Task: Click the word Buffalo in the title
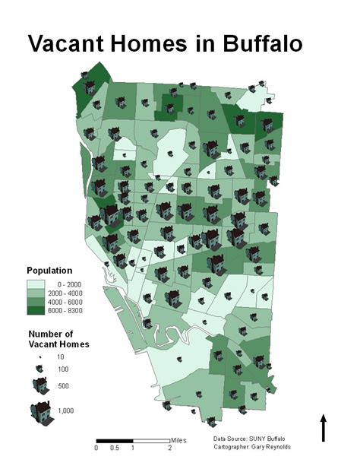[250, 43]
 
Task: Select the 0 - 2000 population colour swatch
[36, 283]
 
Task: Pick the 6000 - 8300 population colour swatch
[36, 310]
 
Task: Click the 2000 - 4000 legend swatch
[36, 292]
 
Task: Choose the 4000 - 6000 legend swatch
[36, 301]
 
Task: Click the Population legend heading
[49, 270]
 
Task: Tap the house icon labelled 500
[36, 385]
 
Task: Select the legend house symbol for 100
[36, 369]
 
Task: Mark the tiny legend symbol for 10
[36, 356]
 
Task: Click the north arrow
[324, 427]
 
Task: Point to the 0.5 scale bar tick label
[114, 448]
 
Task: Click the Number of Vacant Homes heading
[58, 339]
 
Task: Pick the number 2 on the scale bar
[169, 448]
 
